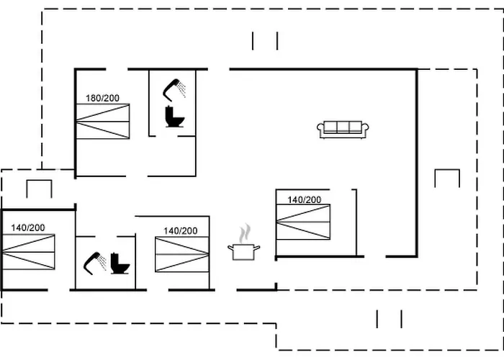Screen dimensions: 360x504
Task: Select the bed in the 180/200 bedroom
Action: [103, 121]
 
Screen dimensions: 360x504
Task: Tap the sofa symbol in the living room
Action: [343, 129]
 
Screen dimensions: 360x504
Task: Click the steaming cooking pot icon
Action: [244, 251]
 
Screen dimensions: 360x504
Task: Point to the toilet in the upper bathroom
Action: [174, 117]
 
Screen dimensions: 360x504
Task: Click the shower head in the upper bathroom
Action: [171, 88]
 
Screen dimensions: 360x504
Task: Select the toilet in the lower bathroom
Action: [121, 264]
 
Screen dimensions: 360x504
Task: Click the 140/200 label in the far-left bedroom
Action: [28, 228]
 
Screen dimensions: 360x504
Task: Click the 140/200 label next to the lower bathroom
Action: [180, 230]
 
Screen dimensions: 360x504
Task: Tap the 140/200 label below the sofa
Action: [305, 199]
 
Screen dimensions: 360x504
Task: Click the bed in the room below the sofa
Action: [304, 222]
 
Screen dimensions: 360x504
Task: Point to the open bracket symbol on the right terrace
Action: [447, 178]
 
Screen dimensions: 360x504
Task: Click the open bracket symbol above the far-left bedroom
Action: [40, 189]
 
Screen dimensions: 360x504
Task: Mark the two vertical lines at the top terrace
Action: [265, 41]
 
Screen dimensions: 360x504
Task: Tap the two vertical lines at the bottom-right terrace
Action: [390, 318]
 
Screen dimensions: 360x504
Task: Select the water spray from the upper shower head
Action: [183, 89]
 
